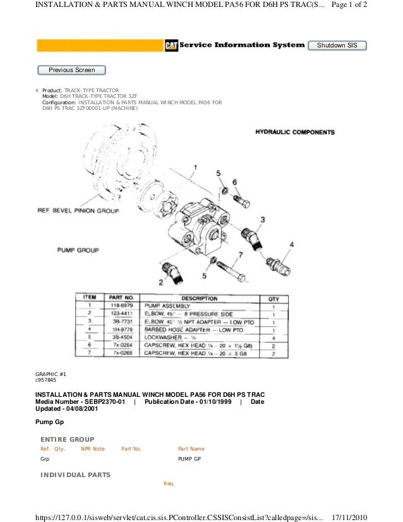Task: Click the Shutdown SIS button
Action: (337, 46)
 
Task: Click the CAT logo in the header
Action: (171, 46)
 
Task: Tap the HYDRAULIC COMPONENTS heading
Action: (294, 132)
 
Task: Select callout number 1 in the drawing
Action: (196, 150)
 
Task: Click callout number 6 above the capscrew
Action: (235, 181)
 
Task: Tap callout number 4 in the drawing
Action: (291, 244)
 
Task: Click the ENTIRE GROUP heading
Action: (67, 439)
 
